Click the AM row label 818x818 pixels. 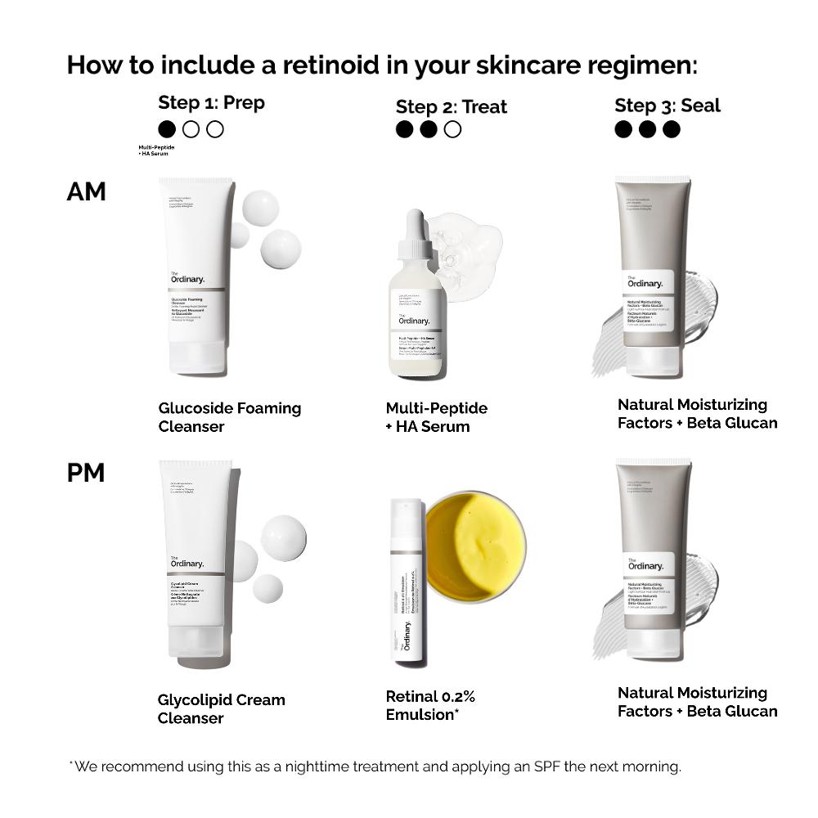pyautogui.click(x=86, y=191)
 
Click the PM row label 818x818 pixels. pyautogui.click(x=86, y=472)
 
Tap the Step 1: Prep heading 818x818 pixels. pyautogui.click(x=211, y=103)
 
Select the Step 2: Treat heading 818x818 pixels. pyautogui.click(x=451, y=106)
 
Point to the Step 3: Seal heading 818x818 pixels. pyautogui.click(x=667, y=105)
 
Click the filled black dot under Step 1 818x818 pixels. pyautogui.click(x=167, y=129)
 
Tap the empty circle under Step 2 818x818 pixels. pyautogui.click(x=452, y=129)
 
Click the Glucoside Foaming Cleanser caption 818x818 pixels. pyautogui.click(x=229, y=416)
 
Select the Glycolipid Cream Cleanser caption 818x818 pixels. pyautogui.click(x=221, y=708)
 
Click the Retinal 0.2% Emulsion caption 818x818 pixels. pyautogui.click(x=430, y=705)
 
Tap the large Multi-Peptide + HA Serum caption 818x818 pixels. pyautogui.click(x=436, y=416)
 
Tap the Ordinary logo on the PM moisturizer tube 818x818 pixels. pyautogui.click(x=645, y=565)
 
